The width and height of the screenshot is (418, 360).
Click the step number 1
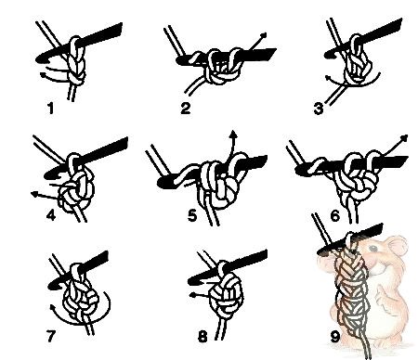click(x=51, y=109)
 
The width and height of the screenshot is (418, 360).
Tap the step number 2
click(x=185, y=109)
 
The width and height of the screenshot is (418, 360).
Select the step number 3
click(x=318, y=109)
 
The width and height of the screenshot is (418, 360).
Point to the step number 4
click(x=51, y=214)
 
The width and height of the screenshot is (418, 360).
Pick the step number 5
click(x=192, y=215)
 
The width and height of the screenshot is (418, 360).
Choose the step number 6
click(x=335, y=216)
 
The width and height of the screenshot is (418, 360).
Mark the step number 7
click(x=51, y=336)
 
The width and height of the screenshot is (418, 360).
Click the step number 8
click(x=202, y=336)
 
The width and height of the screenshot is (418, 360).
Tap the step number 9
click(x=335, y=337)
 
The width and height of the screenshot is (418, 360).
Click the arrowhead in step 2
click(x=263, y=35)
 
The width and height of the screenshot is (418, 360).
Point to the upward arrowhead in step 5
click(x=234, y=134)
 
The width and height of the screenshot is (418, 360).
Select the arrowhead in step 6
click(x=404, y=138)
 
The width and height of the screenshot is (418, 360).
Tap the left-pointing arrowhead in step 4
click(x=34, y=194)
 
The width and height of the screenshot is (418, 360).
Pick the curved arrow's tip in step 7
click(x=53, y=308)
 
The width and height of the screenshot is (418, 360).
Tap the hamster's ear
click(x=398, y=245)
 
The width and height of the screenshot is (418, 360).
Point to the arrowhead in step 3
click(x=328, y=77)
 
